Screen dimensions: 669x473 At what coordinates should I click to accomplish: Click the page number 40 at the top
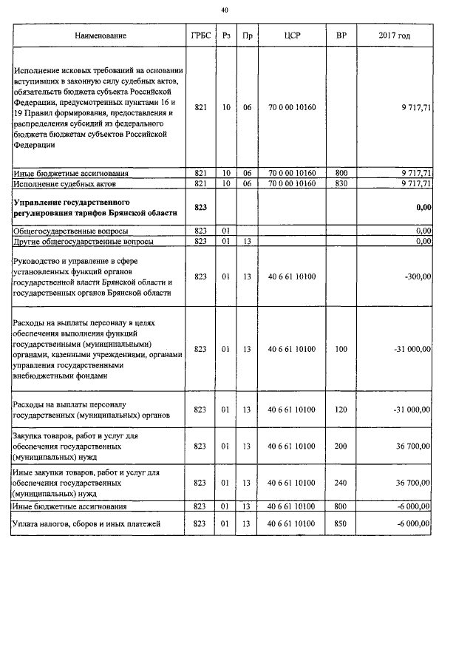point(225,10)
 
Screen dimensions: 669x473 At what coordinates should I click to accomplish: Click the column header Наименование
point(100,35)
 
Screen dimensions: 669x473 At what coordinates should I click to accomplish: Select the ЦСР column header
point(291,35)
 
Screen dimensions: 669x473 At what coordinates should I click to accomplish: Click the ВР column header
point(341,35)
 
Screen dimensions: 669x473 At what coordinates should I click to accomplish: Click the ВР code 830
point(341,183)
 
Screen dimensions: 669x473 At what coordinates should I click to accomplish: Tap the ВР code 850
point(341,524)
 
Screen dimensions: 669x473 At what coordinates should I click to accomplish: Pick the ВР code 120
point(341,410)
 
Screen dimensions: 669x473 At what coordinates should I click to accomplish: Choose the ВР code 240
point(341,482)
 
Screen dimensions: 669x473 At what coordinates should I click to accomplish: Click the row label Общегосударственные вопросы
point(65,231)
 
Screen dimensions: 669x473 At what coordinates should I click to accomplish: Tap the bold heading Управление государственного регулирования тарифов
point(95,207)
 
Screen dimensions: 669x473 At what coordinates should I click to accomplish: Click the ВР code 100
point(341,348)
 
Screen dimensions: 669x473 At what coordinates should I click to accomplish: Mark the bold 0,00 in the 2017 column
point(423,208)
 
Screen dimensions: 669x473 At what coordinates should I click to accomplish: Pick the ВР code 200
point(341,446)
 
